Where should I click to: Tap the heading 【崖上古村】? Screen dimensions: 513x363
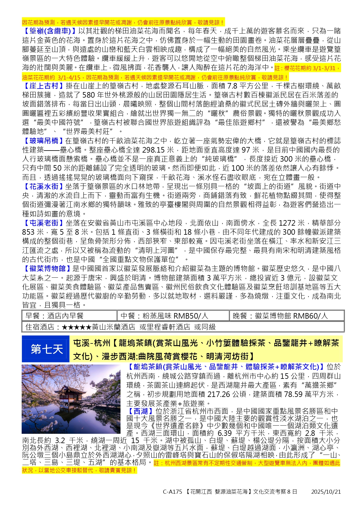[43, 86]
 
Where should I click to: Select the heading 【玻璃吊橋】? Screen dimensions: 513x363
[43, 141]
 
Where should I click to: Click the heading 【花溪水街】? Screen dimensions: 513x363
[43, 186]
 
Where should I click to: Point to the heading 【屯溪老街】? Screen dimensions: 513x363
[43, 223]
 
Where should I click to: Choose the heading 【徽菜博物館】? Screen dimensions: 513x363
[47, 269]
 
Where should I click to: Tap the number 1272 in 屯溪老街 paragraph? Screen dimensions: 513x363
[287, 223]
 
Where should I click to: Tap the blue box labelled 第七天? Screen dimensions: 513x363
[46, 349]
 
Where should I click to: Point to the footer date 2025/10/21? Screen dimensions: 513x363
[326, 492]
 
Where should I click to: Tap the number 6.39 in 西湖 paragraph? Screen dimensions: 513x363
[224, 433]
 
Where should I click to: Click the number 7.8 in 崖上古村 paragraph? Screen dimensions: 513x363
[232, 86]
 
